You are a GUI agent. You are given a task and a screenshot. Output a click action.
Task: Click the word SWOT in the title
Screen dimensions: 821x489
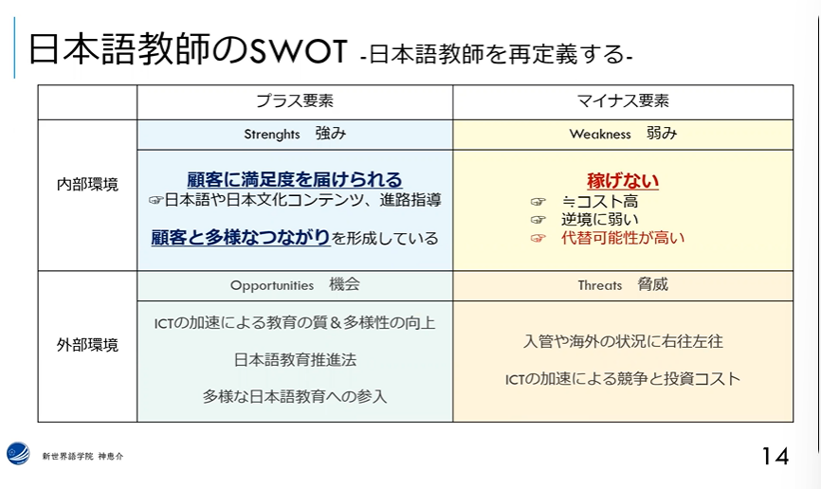(x=299, y=51)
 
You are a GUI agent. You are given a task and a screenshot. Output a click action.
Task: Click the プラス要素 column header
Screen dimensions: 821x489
(x=295, y=100)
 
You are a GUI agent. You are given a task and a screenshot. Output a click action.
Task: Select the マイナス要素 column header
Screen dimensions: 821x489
(x=623, y=100)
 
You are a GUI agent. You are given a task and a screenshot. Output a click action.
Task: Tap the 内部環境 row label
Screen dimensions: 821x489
(x=87, y=184)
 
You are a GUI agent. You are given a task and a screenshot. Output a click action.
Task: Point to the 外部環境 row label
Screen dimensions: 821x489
(x=87, y=345)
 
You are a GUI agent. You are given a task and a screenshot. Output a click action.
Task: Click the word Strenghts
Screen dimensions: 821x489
(x=272, y=135)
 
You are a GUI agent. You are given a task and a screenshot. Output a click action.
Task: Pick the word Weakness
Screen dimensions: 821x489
(x=600, y=134)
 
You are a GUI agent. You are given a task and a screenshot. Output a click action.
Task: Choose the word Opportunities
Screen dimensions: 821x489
(x=272, y=285)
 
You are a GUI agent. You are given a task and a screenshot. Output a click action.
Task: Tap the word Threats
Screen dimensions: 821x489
(x=600, y=285)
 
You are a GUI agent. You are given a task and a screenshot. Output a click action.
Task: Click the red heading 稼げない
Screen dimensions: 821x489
(x=623, y=181)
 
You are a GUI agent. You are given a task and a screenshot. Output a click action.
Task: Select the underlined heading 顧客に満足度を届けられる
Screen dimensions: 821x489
(x=295, y=179)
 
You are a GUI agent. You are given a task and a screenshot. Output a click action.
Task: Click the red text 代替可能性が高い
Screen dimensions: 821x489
(x=623, y=238)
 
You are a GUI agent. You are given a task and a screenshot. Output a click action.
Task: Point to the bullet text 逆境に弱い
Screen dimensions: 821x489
(x=599, y=219)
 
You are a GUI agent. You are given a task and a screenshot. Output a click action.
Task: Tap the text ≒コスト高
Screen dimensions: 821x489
(x=599, y=201)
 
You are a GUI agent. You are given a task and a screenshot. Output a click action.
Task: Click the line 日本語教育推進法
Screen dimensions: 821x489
(x=295, y=360)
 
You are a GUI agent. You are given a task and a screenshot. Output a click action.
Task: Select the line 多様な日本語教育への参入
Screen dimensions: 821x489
(x=295, y=396)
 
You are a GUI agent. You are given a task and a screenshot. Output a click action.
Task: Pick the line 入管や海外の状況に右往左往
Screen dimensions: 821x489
(x=623, y=341)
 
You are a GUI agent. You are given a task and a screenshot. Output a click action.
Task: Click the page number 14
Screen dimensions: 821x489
(x=775, y=456)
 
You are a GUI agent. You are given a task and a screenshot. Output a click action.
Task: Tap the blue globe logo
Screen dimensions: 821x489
(x=18, y=453)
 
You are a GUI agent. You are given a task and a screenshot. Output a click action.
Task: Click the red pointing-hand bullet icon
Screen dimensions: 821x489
(x=538, y=238)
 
